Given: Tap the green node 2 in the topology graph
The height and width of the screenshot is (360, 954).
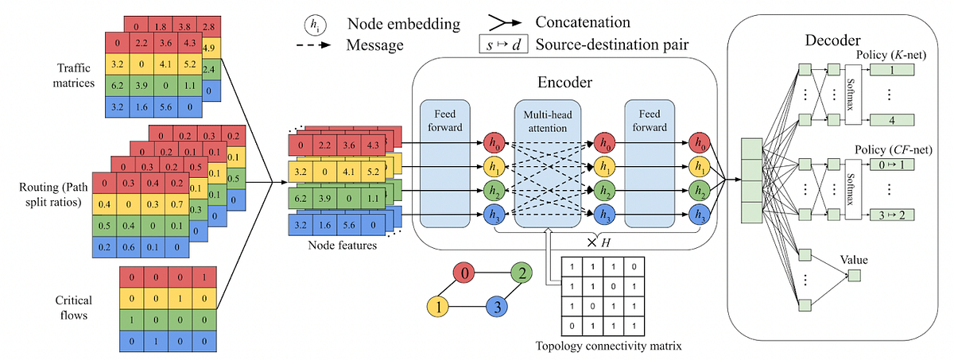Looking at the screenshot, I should click(x=521, y=276).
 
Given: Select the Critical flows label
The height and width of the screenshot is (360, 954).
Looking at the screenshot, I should click(x=75, y=306).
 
